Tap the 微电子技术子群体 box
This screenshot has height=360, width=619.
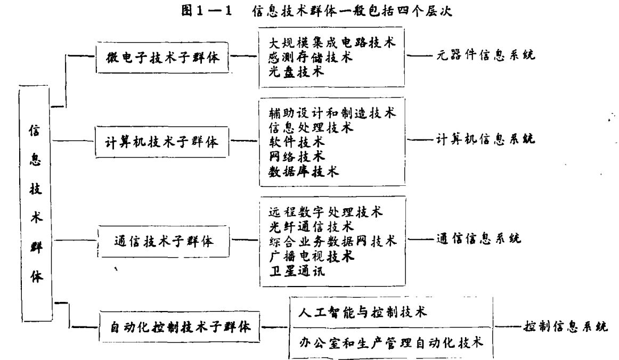point(164,56)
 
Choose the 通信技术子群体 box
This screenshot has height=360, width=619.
point(164,241)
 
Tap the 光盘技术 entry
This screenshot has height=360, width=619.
point(296,71)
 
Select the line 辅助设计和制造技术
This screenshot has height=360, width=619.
point(332,113)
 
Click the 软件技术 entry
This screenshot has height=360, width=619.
point(296,142)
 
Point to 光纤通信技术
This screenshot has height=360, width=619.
point(311,227)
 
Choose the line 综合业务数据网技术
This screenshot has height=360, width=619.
point(332,241)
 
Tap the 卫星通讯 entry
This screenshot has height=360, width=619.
point(296,271)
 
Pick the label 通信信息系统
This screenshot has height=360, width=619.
point(478,239)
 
